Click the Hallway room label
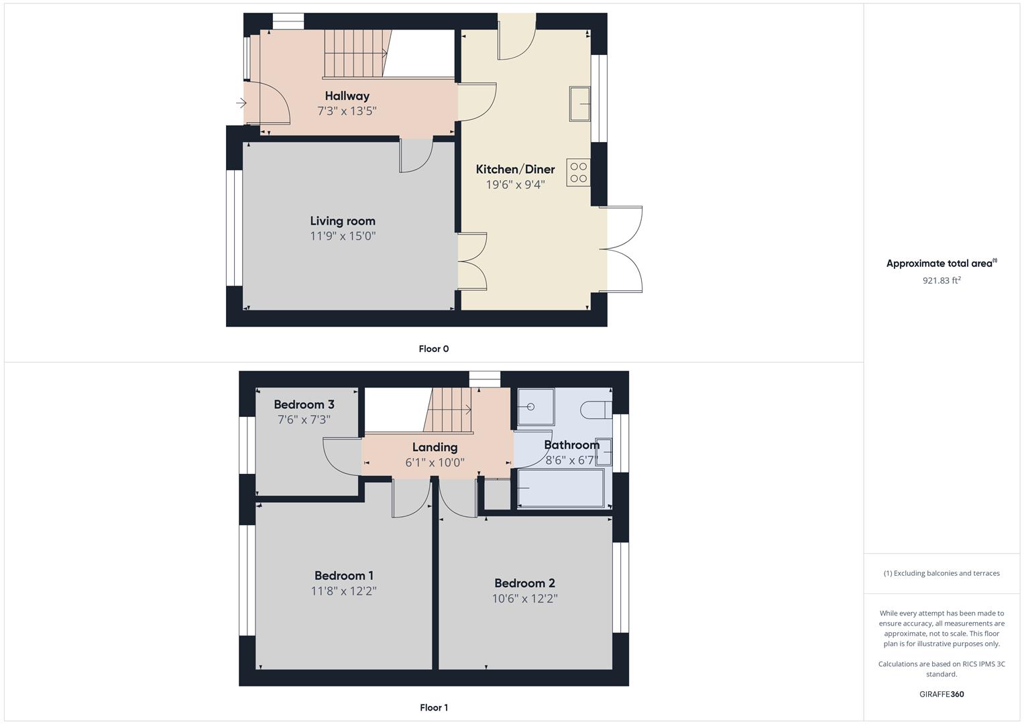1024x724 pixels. point(347,96)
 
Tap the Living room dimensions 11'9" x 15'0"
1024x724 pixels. point(343,236)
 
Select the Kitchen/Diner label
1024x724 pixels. point(515,169)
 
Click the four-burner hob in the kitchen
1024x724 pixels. point(579,172)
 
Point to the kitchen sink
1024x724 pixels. point(580,104)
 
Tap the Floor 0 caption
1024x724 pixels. point(433,349)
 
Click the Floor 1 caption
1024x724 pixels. point(433,707)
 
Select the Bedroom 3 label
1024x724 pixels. point(304,404)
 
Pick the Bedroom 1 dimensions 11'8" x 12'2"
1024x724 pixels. point(343,591)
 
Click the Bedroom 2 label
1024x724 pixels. point(524,583)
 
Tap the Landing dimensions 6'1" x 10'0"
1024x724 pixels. point(435,463)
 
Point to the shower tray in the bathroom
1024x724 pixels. point(536,407)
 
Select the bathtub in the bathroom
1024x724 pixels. point(561,488)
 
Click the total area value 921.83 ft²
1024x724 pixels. point(942,280)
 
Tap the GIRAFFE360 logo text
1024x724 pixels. point(942,695)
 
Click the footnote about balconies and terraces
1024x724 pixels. point(942,573)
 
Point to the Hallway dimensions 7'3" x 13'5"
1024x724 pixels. point(347,111)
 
